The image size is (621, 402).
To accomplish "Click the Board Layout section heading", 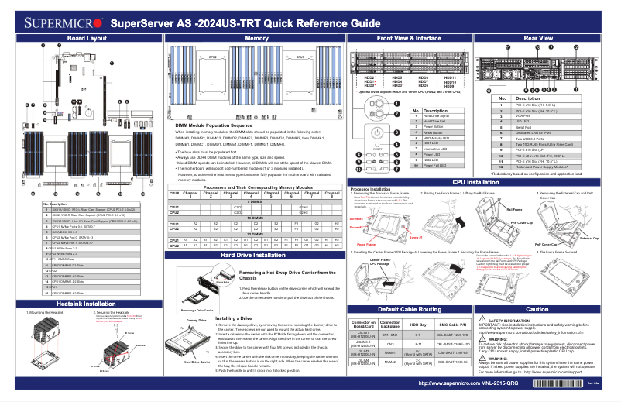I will click(x=86, y=38).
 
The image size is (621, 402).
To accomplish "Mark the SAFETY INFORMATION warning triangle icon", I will click(x=483, y=319).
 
